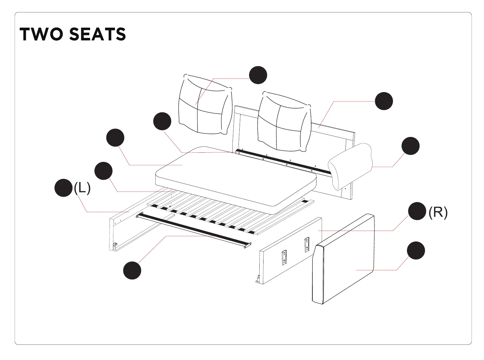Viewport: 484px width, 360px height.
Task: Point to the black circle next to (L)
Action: tap(63, 188)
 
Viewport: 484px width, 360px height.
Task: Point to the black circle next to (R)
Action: tap(417, 211)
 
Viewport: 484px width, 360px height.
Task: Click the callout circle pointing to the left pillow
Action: tap(258, 75)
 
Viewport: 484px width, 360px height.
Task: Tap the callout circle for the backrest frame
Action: tap(384, 101)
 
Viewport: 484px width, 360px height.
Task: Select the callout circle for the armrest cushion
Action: tap(410, 146)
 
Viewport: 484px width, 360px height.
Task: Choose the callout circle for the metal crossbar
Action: tap(132, 270)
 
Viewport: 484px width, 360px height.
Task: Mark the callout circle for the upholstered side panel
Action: tap(416, 251)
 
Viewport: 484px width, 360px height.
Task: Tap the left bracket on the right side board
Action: tap(284, 257)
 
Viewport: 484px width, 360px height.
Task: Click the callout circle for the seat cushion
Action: tap(115, 137)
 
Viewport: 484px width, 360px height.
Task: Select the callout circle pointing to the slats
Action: tap(103, 171)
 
